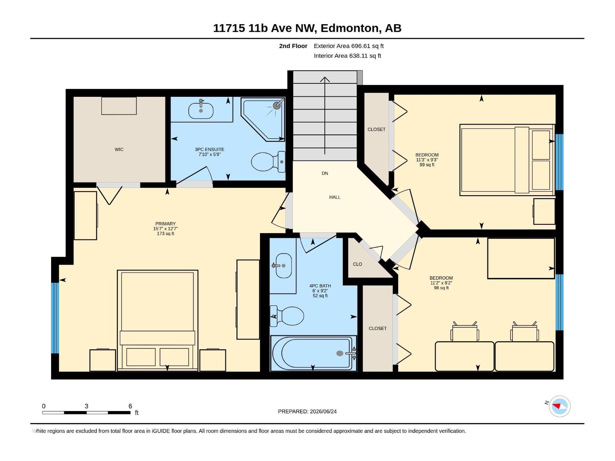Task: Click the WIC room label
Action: coord(119,149)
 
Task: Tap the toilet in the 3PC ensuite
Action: coord(268,161)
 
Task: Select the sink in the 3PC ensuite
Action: coord(201,110)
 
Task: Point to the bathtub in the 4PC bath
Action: coord(313,353)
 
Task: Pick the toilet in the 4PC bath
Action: coord(287,316)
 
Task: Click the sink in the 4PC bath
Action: coord(283,265)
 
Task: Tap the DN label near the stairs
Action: coord(325,173)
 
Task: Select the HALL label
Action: coord(335,197)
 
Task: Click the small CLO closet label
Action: coord(357,264)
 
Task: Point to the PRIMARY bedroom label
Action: coord(165,224)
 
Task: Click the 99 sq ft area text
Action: coord(427,165)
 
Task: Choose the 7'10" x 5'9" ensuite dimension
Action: coord(209,154)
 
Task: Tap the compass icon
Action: coord(560,406)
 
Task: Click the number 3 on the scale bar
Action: coord(86,406)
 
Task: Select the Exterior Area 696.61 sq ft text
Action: coord(349,46)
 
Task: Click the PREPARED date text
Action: coord(307,411)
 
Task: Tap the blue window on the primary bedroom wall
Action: coord(55,318)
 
